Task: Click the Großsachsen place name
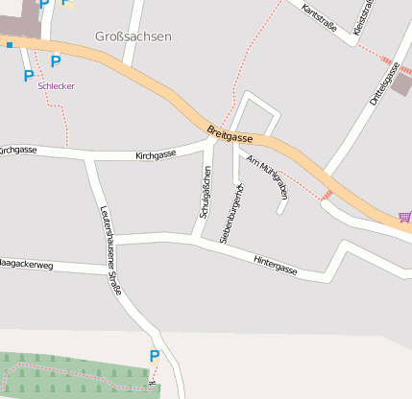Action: pos(133,36)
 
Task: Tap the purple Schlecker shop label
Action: pos(56,85)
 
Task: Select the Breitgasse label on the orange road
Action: pos(230,133)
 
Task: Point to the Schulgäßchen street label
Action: pos(205,192)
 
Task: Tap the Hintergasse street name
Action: pos(276,266)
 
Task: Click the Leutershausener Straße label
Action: pos(110,250)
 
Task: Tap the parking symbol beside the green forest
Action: pos(154,357)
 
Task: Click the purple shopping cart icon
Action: pos(405,218)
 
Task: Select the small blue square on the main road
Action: pos(9,44)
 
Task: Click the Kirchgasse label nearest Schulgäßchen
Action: pos(156,154)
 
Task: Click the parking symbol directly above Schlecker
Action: pos(55,61)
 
